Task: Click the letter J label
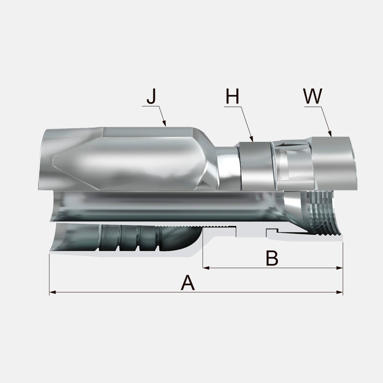[151, 96]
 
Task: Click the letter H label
[232, 96]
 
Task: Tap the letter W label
[313, 96]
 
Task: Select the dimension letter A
[188, 283]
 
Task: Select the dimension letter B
[272, 258]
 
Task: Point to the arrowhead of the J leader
[164, 124]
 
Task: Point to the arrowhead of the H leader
[252, 139]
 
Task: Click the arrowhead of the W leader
[330, 134]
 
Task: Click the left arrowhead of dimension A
[52, 292]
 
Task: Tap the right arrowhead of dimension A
[339, 292]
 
